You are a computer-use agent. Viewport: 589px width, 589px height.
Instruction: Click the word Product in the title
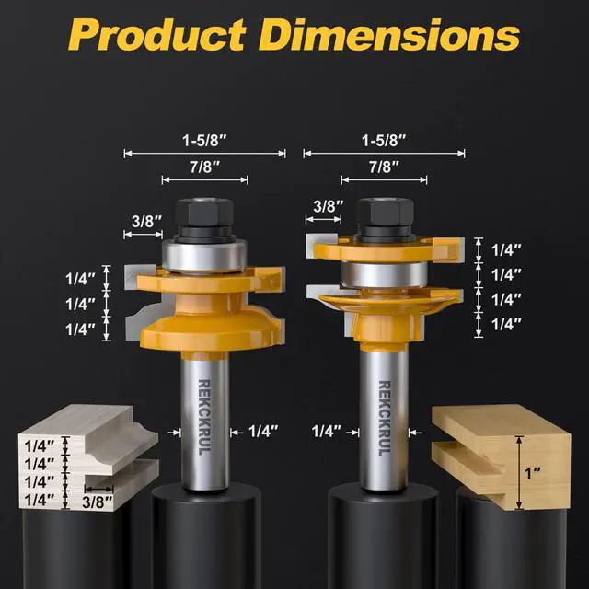(157, 34)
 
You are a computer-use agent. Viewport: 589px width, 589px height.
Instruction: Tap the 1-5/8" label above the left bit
(204, 141)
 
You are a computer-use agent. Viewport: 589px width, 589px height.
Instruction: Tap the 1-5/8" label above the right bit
(384, 141)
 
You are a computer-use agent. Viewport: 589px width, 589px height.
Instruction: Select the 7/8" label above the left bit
(204, 167)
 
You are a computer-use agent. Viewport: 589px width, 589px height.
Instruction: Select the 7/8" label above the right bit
(384, 167)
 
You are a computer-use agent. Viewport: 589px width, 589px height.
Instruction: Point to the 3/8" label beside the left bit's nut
(147, 221)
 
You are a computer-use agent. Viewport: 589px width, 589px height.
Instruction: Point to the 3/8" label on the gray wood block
(98, 502)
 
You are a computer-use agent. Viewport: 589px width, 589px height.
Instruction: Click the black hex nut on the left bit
(204, 213)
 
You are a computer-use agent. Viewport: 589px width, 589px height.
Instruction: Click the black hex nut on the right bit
(385, 213)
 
